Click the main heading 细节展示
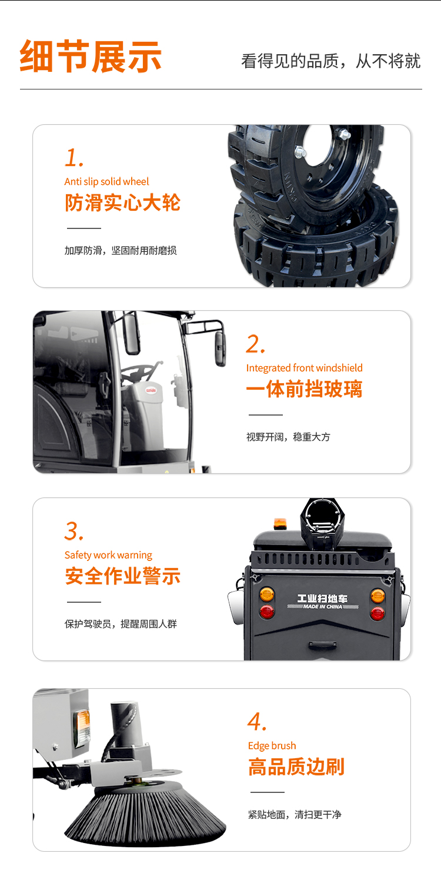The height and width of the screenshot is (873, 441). (x=91, y=57)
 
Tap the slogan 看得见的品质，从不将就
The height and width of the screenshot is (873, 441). (x=331, y=61)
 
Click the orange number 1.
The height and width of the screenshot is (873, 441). (x=74, y=157)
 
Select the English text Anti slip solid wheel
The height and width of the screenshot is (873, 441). (x=106, y=182)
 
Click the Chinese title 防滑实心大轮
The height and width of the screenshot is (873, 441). (x=123, y=203)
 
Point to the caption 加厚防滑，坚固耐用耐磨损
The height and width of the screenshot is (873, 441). (x=121, y=251)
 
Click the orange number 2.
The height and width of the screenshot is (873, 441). (x=255, y=344)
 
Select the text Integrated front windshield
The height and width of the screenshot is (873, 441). (x=305, y=368)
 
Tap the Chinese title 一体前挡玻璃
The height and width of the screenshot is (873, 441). (x=305, y=389)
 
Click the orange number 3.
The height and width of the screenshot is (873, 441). (x=74, y=531)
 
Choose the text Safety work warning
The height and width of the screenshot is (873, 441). (x=108, y=555)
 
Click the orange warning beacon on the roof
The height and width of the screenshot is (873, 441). (x=280, y=524)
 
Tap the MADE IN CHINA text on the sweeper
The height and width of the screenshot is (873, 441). (x=323, y=606)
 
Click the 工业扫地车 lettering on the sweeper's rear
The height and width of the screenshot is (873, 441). (x=323, y=598)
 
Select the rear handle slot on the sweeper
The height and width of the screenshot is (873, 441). (x=323, y=645)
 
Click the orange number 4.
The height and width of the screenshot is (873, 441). (x=257, y=721)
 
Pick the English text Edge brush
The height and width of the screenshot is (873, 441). (x=272, y=746)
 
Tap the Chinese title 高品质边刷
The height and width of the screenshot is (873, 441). (x=296, y=766)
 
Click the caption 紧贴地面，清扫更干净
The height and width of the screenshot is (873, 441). (x=295, y=815)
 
